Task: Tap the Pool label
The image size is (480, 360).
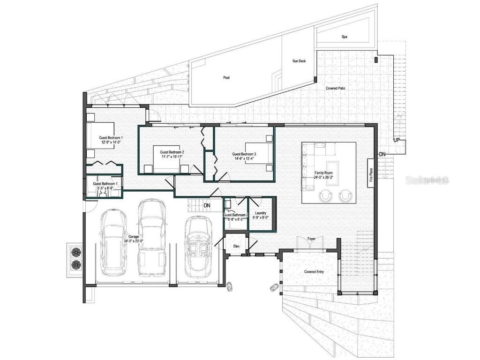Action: (x=226, y=78)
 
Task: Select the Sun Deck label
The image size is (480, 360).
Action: (x=299, y=61)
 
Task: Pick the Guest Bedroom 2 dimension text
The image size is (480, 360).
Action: (x=172, y=157)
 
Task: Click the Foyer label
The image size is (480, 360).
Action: (x=311, y=239)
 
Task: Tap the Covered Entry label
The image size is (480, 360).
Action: (x=314, y=272)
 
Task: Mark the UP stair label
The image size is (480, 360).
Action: (x=397, y=140)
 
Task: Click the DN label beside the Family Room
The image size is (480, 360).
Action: (x=382, y=154)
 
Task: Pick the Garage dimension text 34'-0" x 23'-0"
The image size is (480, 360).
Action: (x=133, y=241)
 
